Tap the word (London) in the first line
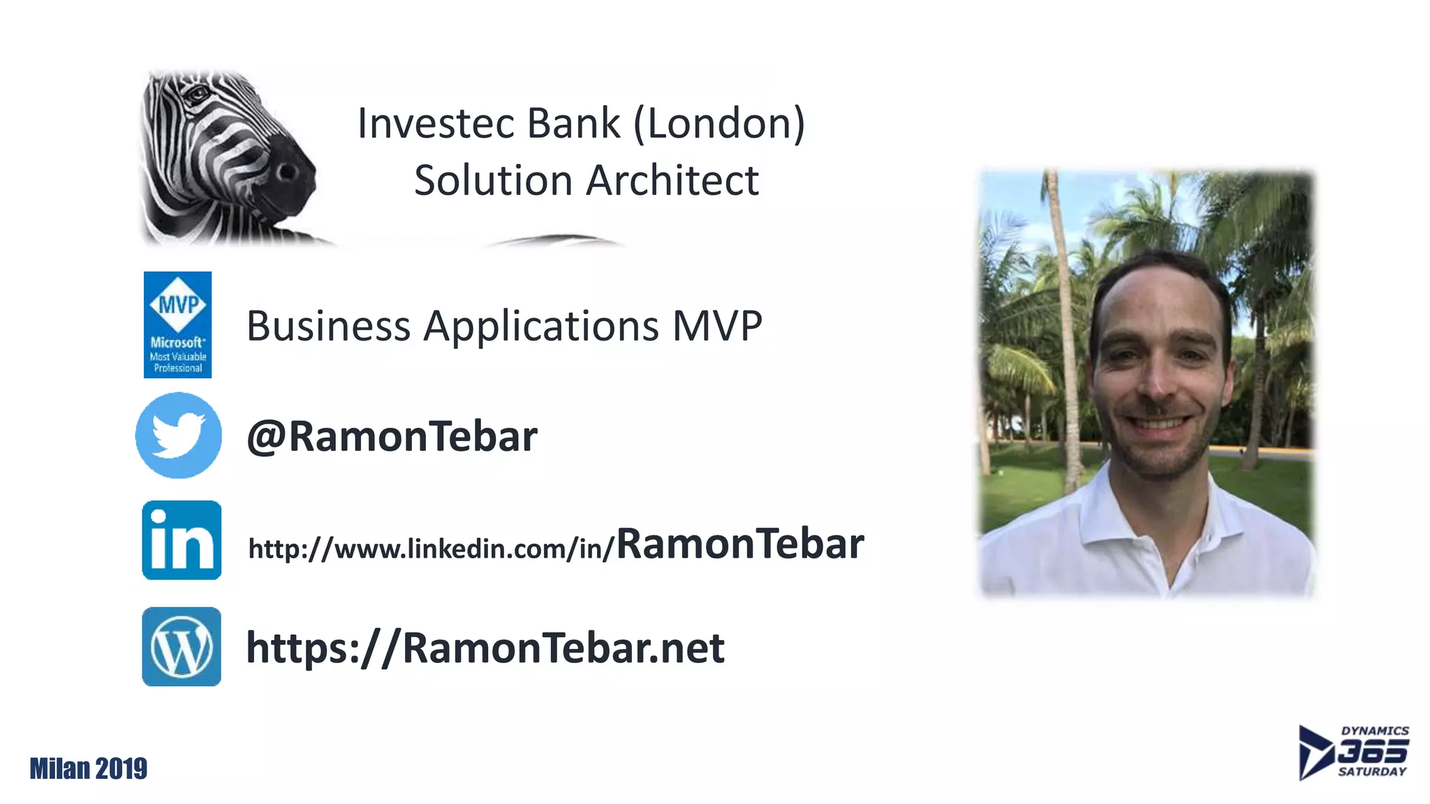tap(719, 124)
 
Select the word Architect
tap(672, 181)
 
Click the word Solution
tap(493, 181)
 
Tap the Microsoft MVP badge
tap(177, 325)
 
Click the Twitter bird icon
tap(178, 435)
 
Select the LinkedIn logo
tap(182, 540)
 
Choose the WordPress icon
tap(182, 646)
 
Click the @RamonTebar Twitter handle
tap(392, 437)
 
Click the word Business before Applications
tap(328, 326)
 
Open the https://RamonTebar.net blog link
tap(485, 648)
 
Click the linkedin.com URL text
tap(430, 549)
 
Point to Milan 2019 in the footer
tap(89, 768)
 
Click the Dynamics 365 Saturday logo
tap(1353, 752)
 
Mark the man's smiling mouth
tap(1159, 424)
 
